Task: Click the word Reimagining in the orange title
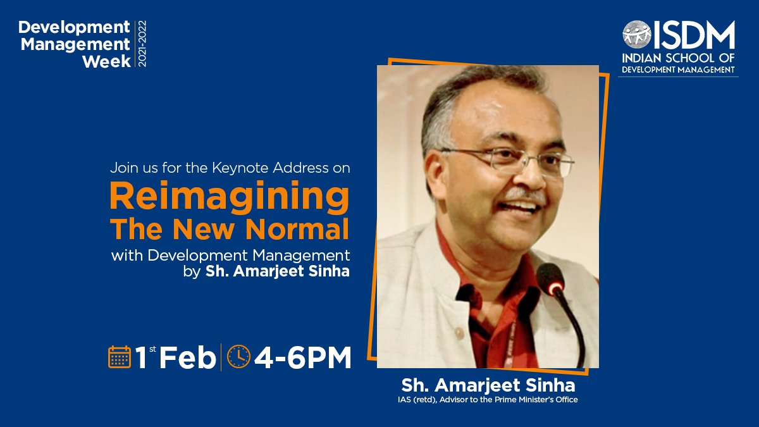[x=229, y=197]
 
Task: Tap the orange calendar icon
[x=120, y=357]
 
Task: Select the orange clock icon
[x=238, y=357]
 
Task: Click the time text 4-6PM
[x=302, y=357]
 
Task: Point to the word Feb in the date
[x=187, y=358]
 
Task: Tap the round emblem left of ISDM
[x=636, y=35]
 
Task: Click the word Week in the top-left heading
[x=106, y=61]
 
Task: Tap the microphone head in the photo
[x=551, y=279]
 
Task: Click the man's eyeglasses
[x=506, y=159]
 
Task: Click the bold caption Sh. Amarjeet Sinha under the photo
[x=488, y=385]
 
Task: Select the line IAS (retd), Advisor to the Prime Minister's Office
[x=488, y=400]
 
